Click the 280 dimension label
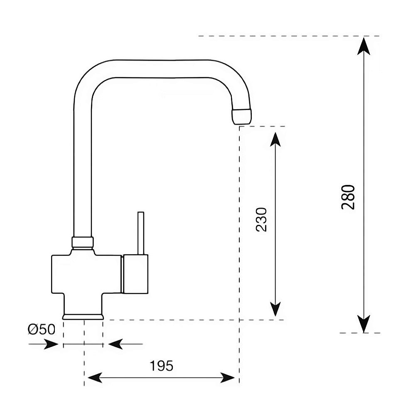[348, 197]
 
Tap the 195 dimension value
[162, 366]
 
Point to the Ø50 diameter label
[41, 330]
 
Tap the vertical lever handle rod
[141, 233]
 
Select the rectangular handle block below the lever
[135, 274]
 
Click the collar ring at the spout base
[83, 242]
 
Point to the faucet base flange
[83, 317]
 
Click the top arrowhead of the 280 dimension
[364, 45]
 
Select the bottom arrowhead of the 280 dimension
[364, 324]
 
